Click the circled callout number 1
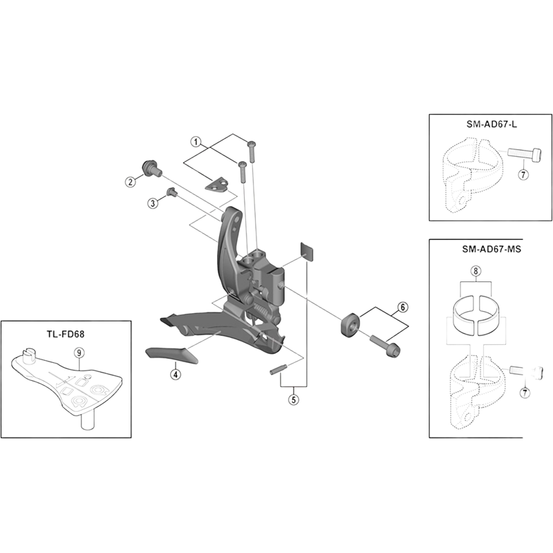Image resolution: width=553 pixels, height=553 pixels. [196, 142]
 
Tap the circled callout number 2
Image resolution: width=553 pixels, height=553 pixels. [130, 182]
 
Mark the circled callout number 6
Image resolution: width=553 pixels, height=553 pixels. [402, 306]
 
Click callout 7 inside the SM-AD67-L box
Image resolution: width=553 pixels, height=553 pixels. [523, 175]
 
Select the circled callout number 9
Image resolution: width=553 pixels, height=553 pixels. [79, 352]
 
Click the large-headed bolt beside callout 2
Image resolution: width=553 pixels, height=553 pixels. [149, 167]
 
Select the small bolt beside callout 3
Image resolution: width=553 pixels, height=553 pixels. [171, 193]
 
